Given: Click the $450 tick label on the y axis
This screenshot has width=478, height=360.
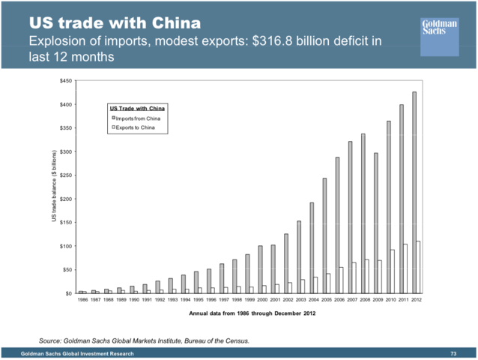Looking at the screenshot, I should point(67,80).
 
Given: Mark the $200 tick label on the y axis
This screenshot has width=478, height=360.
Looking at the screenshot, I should point(67,199).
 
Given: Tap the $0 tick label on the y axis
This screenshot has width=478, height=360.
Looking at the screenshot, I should point(69,293).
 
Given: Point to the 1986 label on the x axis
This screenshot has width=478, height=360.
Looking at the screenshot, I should point(82,300).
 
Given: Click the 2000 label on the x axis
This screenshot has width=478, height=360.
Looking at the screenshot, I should point(261,300).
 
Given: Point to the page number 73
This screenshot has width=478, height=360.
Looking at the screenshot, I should point(453,353).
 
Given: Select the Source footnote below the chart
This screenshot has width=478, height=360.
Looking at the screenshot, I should point(144,340).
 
